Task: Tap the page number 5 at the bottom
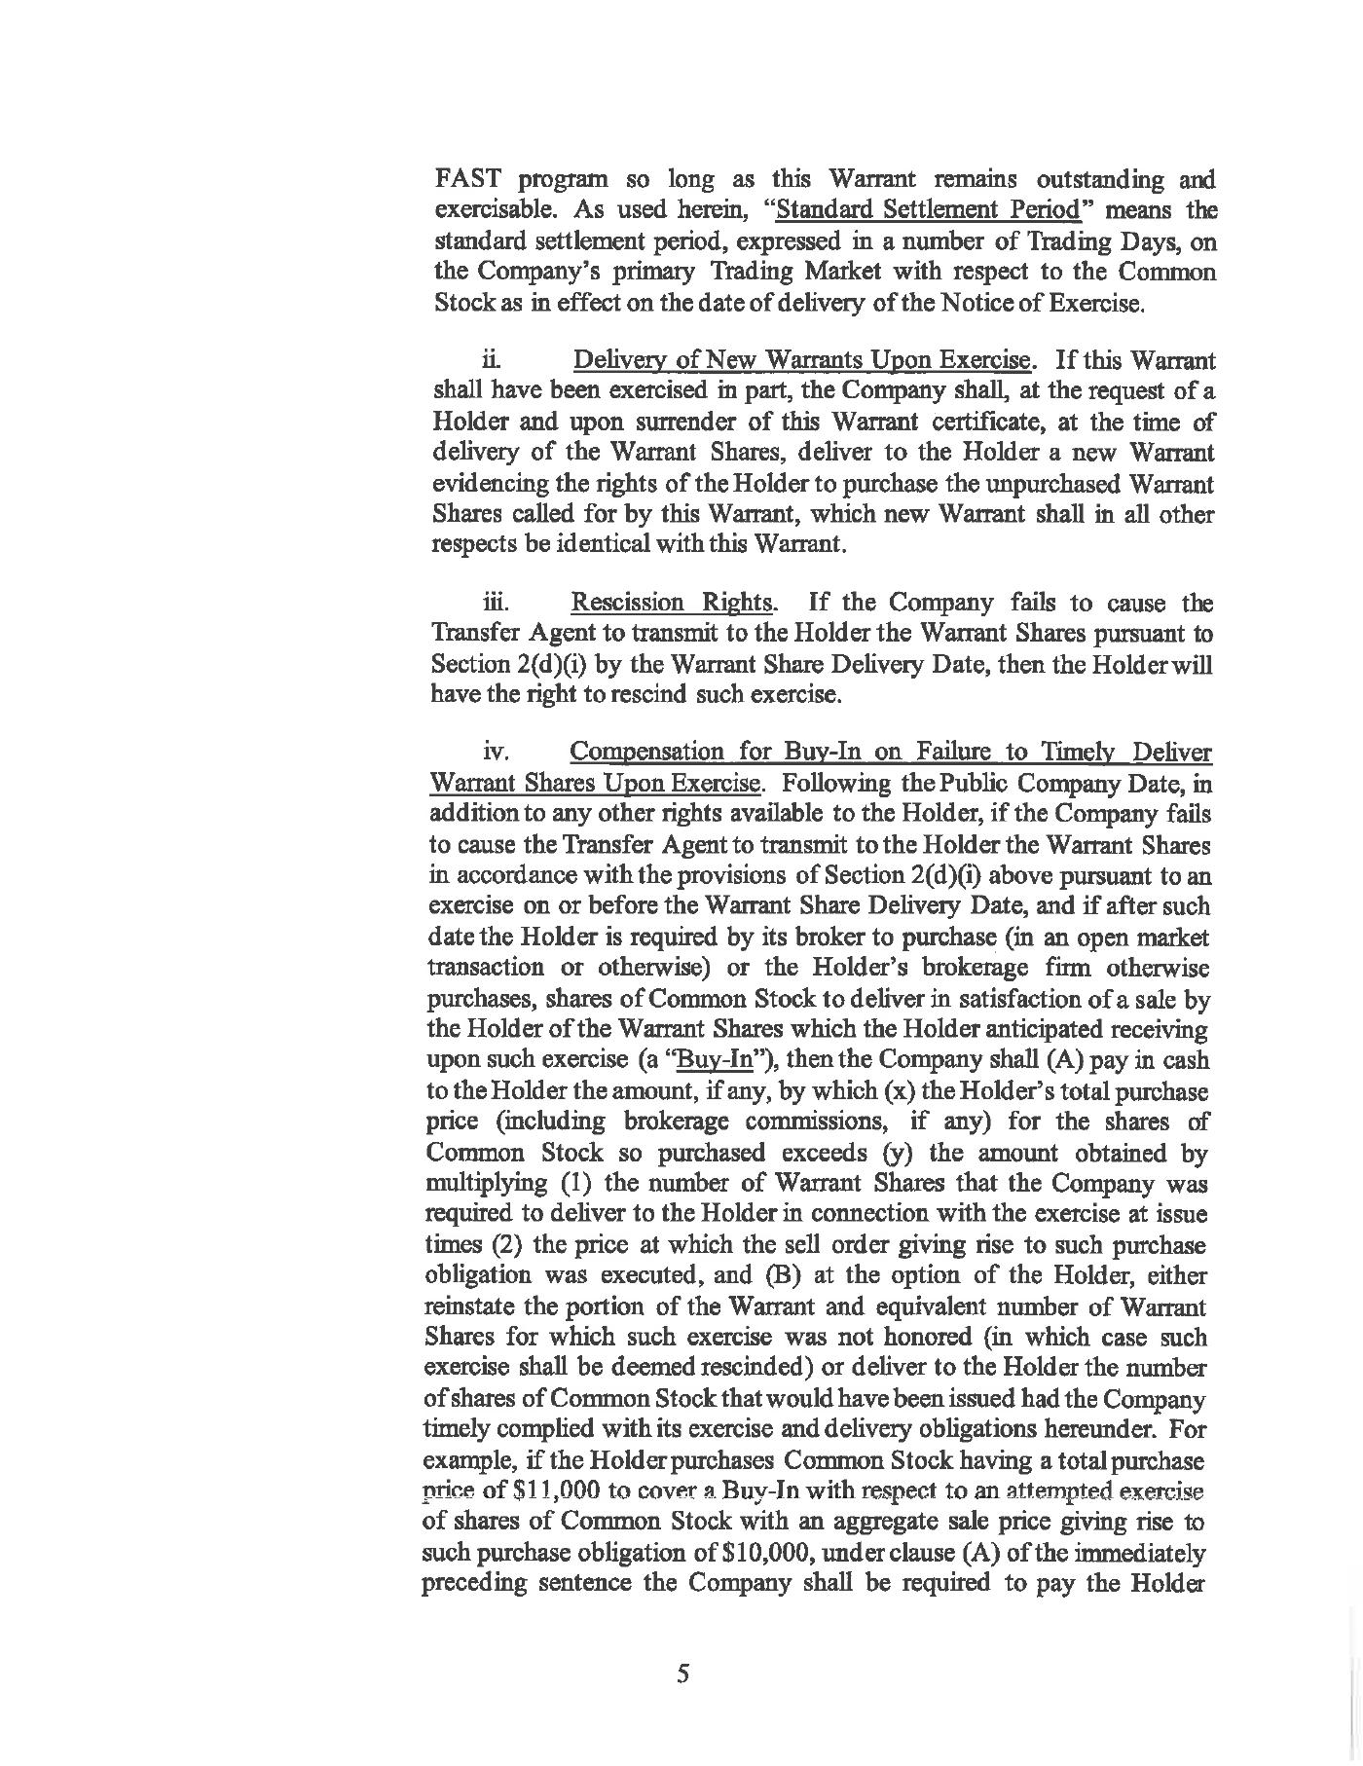(x=682, y=1674)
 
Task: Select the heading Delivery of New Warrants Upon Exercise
(x=802, y=361)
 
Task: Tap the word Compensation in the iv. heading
(x=646, y=752)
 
